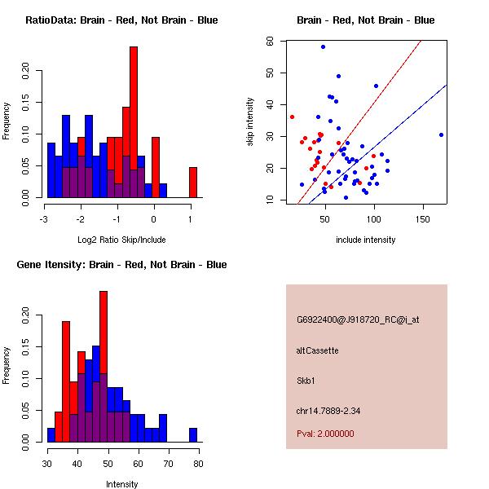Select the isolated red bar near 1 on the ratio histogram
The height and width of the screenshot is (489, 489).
pos(193,182)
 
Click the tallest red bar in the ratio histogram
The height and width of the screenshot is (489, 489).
pos(134,122)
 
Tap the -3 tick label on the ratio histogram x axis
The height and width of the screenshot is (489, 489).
pos(44,220)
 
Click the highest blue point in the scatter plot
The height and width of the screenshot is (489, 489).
pos(323,46)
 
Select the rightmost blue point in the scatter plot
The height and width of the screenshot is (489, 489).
pos(441,134)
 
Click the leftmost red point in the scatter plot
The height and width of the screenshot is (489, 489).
pos(292,117)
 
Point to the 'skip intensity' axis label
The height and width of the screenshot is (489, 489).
pos(250,122)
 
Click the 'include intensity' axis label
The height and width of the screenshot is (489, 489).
pos(366,240)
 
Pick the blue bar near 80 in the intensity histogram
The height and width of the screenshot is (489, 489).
pos(193,434)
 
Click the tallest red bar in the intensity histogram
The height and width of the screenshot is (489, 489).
pos(104,367)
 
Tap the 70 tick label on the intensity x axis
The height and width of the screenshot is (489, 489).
pos(168,465)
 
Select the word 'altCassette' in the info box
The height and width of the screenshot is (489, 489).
pos(317,350)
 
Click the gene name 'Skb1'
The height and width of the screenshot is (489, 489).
pos(306,380)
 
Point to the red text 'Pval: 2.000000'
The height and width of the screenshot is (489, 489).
pos(325,434)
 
